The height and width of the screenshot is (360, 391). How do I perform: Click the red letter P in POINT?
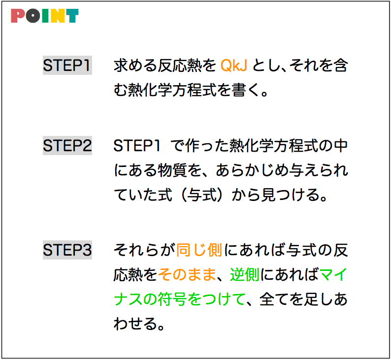coord(17,16)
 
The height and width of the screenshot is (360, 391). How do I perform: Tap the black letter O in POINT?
coord(33,16)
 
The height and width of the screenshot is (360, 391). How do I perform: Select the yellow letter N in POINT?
coord(57,16)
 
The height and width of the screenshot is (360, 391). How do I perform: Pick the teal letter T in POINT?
coord(72,16)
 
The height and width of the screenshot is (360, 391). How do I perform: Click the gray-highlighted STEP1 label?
coord(67,65)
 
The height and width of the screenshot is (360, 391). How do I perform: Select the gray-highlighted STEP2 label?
coord(67,146)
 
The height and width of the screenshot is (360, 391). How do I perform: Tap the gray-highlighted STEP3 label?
coord(67,250)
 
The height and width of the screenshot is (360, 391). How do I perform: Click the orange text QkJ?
coord(234,65)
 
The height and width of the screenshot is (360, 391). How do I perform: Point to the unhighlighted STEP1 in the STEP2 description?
coord(136,146)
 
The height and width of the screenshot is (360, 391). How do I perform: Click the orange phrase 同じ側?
coord(199,250)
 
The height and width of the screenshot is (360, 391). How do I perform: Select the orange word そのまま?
coord(187,274)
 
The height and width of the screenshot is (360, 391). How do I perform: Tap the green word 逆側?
coord(245,274)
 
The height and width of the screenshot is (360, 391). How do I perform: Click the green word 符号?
coord(172,299)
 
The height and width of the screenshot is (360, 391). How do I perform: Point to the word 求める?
coord(135,65)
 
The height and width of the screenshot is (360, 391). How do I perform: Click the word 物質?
coord(172,170)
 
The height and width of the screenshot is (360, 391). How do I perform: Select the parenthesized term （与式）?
coord(201,195)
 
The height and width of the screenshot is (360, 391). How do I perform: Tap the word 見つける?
coord(291,195)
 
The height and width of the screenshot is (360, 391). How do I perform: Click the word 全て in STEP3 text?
coord(274,299)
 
